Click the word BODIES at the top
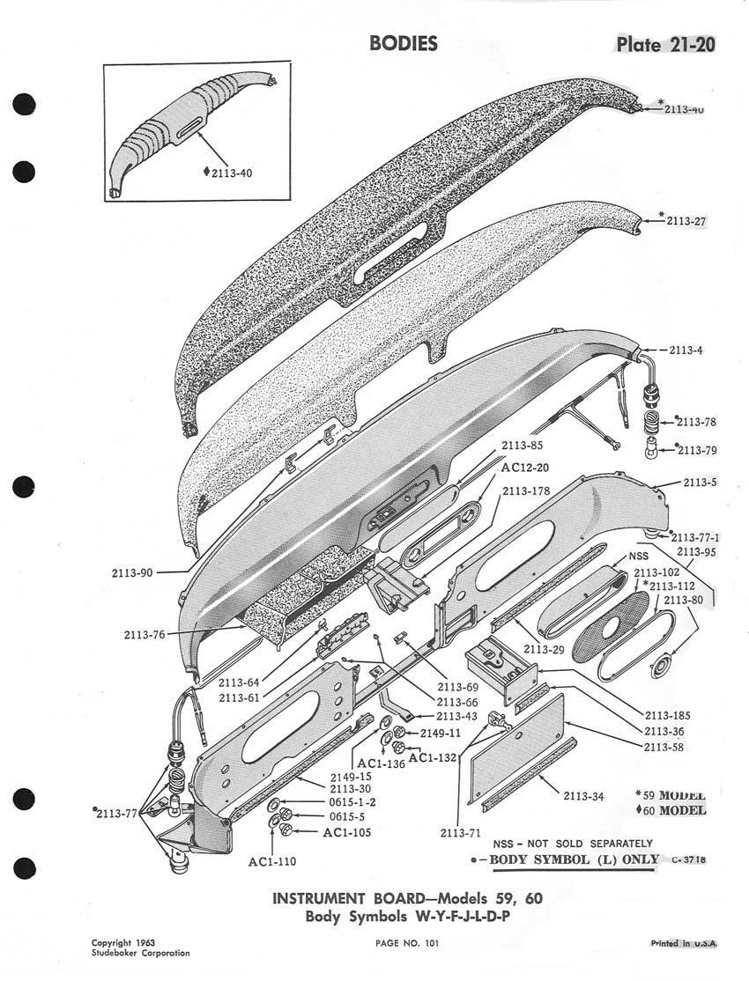coord(404,43)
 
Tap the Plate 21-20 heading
coord(665,45)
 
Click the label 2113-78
coord(697,422)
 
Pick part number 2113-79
coord(697,451)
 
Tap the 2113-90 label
coord(133,572)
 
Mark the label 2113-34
coord(584,797)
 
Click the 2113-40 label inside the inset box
coord(232,173)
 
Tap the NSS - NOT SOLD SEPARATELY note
coord(573,843)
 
